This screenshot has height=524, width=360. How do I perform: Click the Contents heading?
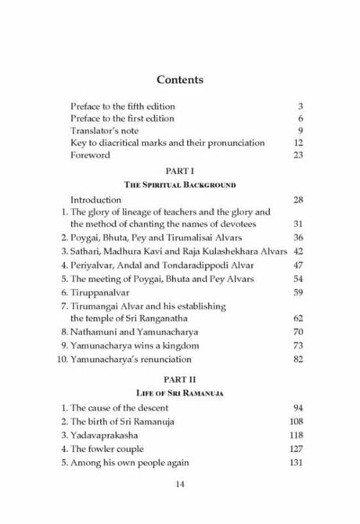coord(180,79)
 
